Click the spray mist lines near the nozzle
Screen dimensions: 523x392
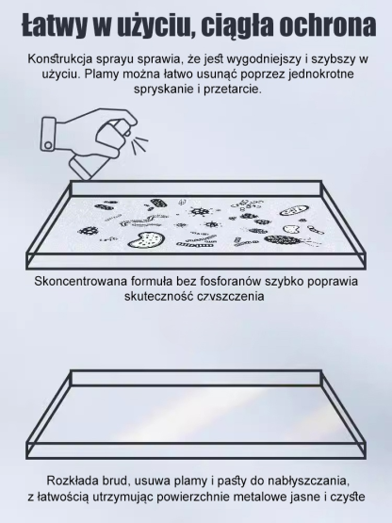[139, 146]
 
